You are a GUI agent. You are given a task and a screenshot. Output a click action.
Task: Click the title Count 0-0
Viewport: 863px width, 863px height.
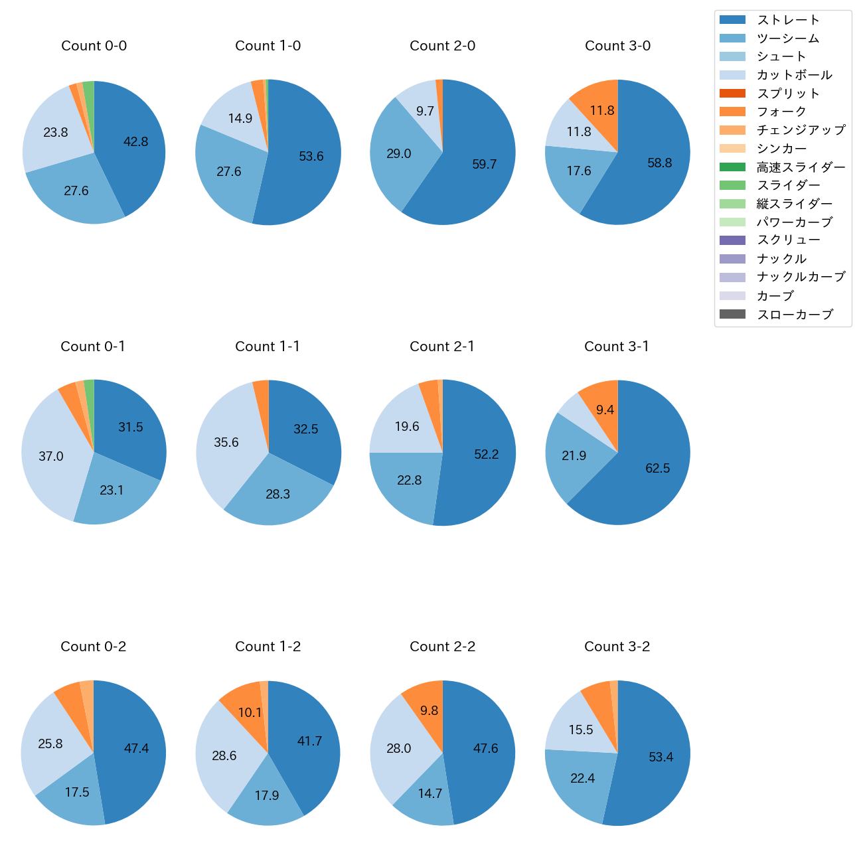click(94, 46)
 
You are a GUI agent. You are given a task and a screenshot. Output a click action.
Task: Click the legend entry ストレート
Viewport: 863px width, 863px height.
click(787, 20)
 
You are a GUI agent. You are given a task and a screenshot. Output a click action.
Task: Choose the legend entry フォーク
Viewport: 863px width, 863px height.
click(781, 112)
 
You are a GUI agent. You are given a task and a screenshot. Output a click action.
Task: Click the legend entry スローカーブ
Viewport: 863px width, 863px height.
click(794, 315)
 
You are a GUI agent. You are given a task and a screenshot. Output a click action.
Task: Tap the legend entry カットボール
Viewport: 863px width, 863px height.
click(794, 75)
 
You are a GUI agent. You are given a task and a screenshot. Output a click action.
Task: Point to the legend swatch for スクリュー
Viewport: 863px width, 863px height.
click(732, 240)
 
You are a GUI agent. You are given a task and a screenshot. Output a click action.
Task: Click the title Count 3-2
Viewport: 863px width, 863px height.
click(617, 647)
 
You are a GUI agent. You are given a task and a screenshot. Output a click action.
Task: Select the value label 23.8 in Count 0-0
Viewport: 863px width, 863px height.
click(56, 133)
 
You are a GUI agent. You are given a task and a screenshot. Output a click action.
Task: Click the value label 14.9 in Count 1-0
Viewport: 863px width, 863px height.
click(240, 119)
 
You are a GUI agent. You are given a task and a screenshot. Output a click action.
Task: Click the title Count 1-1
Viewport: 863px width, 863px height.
click(268, 347)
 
